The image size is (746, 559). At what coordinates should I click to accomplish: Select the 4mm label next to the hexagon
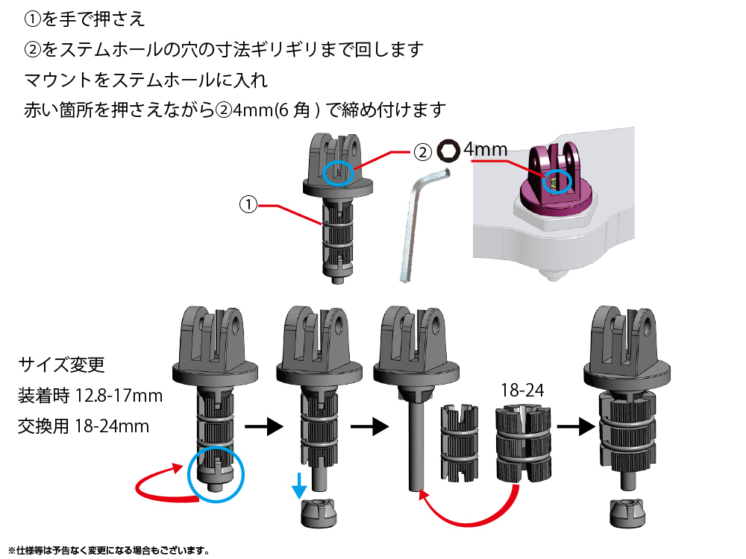(x=486, y=150)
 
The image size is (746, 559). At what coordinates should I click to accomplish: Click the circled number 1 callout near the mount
(x=248, y=203)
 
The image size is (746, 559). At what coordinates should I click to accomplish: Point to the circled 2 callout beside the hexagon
(x=422, y=152)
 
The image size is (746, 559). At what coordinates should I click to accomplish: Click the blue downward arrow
(x=299, y=486)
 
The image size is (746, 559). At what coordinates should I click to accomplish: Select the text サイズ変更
(x=62, y=366)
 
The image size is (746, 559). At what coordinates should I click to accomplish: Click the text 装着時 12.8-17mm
(x=90, y=396)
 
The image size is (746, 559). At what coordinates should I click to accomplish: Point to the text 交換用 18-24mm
(x=84, y=426)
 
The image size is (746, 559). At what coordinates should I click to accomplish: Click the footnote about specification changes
(x=108, y=551)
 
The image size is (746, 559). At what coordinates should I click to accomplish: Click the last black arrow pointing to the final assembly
(x=571, y=427)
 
